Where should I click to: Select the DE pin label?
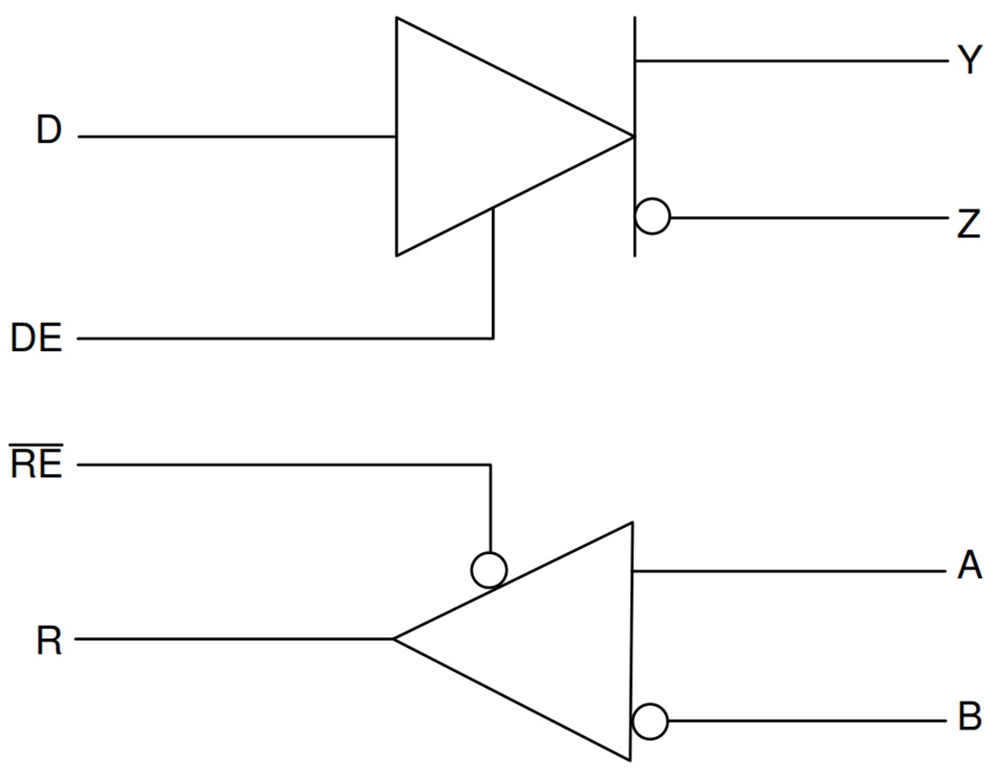[x=36, y=339]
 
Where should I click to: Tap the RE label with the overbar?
[x=36, y=465]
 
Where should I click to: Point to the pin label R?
[x=49, y=642]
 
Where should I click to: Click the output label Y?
[x=969, y=62]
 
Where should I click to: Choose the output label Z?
[x=969, y=223]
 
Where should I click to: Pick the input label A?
[x=969, y=568]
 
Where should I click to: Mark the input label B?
[x=969, y=718]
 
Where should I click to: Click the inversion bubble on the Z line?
[x=652, y=217]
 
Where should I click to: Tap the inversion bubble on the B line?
[x=650, y=722]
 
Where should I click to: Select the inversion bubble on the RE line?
[x=489, y=569]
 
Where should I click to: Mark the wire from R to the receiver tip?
[x=235, y=639]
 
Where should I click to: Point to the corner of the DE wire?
[x=493, y=339]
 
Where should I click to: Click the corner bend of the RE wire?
[x=490, y=465]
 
